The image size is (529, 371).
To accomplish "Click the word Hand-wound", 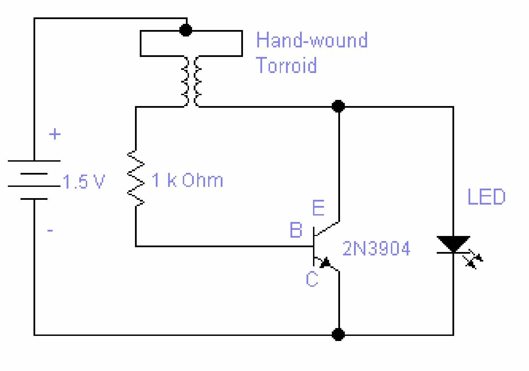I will [312, 40].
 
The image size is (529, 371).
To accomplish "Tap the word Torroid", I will [286, 65].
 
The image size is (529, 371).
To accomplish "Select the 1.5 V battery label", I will [84, 182].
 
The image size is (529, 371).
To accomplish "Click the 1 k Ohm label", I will [187, 180].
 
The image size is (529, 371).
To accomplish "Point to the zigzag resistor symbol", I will [136, 178].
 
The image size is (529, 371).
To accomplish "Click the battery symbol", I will [34, 180].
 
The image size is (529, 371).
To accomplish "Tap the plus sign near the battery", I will [55, 134].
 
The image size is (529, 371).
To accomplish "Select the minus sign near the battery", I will [50, 231].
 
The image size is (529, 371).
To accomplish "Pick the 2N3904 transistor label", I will [376, 248].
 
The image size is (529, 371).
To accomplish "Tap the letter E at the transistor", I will [318, 208].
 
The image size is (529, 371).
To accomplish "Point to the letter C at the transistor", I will [312, 279].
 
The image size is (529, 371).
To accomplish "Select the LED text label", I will [486, 197].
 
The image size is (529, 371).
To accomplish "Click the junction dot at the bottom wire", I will [338, 335].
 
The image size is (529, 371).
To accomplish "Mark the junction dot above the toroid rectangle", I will [186, 30].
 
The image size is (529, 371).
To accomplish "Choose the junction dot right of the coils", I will [338, 106].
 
